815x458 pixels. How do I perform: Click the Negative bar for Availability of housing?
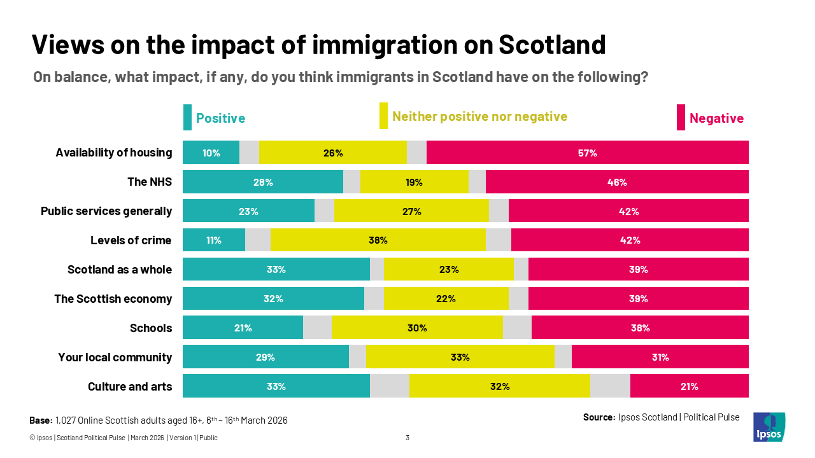(x=587, y=153)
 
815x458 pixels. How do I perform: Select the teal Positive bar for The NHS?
(x=262, y=182)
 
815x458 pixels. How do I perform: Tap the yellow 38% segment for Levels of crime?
(x=378, y=240)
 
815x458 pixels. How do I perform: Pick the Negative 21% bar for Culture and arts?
(x=689, y=386)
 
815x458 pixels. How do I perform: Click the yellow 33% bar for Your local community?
(x=460, y=357)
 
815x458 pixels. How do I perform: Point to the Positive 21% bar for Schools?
(x=243, y=328)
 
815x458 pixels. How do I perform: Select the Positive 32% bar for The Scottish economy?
(x=273, y=298)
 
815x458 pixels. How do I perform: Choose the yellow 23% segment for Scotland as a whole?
(x=448, y=269)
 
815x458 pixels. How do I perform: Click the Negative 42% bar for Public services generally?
(x=628, y=211)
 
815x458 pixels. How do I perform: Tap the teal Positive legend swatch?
(x=187, y=118)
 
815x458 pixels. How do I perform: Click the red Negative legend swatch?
(x=681, y=118)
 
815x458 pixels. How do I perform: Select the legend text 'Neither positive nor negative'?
(x=479, y=116)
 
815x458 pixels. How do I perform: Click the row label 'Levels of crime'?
(x=131, y=240)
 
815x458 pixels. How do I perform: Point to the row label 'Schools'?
(x=151, y=328)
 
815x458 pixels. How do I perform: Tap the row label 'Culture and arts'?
(x=130, y=387)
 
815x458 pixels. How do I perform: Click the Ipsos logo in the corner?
(x=769, y=427)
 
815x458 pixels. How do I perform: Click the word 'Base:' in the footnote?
(x=41, y=420)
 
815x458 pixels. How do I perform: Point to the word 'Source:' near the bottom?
(x=599, y=417)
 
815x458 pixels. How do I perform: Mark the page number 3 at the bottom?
(x=407, y=438)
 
